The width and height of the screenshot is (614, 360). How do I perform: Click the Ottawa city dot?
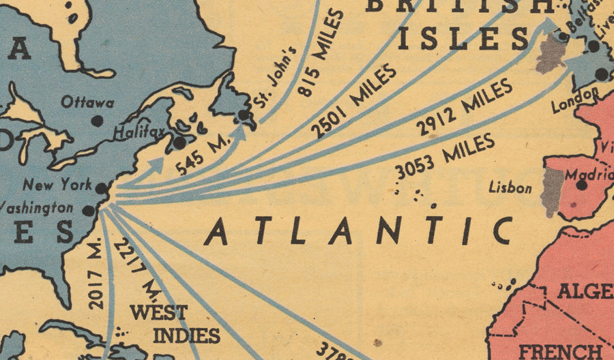pyautogui.click(x=98, y=120)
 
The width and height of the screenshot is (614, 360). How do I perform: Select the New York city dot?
pyautogui.click(x=102, y=188)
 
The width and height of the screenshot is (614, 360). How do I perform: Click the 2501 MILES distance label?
pyautogui.click(x=354, y=100)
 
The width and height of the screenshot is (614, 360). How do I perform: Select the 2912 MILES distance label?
pyautogui.click(x=464, y=107)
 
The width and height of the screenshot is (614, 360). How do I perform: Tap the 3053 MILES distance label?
pyautogui.click(x=444, y=156)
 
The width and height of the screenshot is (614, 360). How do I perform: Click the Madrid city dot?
pyautogui.click(x=581, y=184)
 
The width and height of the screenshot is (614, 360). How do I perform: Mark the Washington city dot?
pyautogui.click(x=88, y=211)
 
